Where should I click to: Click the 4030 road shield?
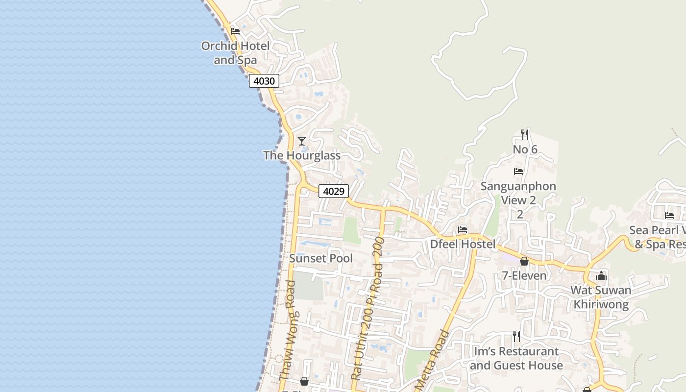pyautogui.click(x=264, y=81)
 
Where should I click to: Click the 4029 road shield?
pyautogui.click(x=334, y=191)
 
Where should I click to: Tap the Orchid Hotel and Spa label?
pyautogui.click(x=235, y=53)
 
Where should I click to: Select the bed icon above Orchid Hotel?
pyautogui.click(x=235, y=31)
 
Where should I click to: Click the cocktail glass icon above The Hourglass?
pyautogui.click(x=302, y=141)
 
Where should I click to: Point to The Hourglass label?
pyautogui.click(x=302, y=155)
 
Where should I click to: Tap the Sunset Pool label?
pyautogui.click(x=321, y=258)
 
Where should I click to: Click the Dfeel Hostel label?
pyautogui.click(x=463, y=244)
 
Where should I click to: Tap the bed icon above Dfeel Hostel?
pyautogui.click(x=462, y=229)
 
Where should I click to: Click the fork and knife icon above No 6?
pyautogui.click(x=525, y=134)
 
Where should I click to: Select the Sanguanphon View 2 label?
pyautogui.click(x=518, y=193)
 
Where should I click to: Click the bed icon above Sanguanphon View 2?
pyautogui.click(x=518, y=171)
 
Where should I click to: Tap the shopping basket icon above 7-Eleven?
pyautogui.click(x=524, y=261)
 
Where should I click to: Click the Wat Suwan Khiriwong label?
pyautogui.click(x=601, y=297)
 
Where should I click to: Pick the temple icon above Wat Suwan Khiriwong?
pyautogui.click(x=601, y=276)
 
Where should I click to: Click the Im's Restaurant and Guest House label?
pyautogui.click(x=516, y=358)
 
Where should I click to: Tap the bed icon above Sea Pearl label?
pyautogui.click(x=669, y=215)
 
